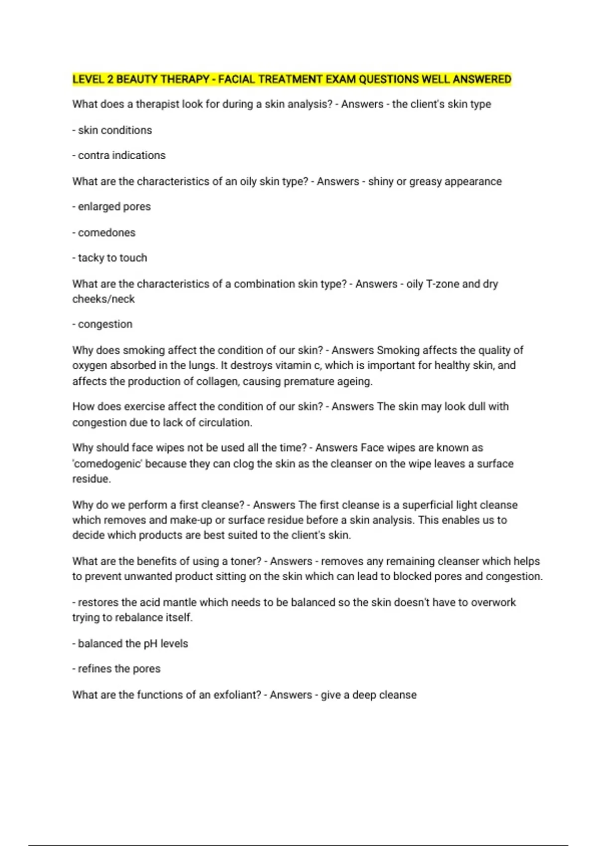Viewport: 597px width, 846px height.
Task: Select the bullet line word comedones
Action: (x=106, y=232)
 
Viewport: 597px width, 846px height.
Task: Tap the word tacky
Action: (x=91, y=258)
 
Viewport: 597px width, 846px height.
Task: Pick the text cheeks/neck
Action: (x=103, y=299)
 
